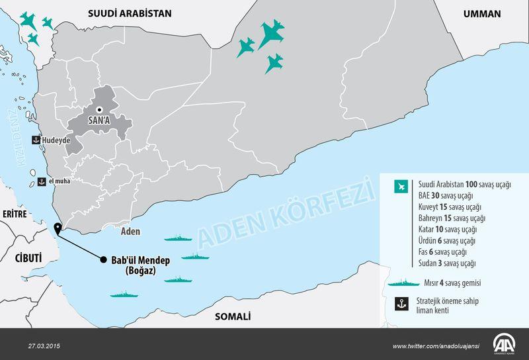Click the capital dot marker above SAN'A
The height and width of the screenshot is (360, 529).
[99, 110]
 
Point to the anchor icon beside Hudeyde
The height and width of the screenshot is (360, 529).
[36, 140]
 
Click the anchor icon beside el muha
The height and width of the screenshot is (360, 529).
[40, 180]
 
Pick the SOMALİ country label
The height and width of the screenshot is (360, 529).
[233, 316]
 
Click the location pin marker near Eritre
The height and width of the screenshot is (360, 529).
[58, 229]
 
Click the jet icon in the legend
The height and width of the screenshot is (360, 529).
[399, 186]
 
